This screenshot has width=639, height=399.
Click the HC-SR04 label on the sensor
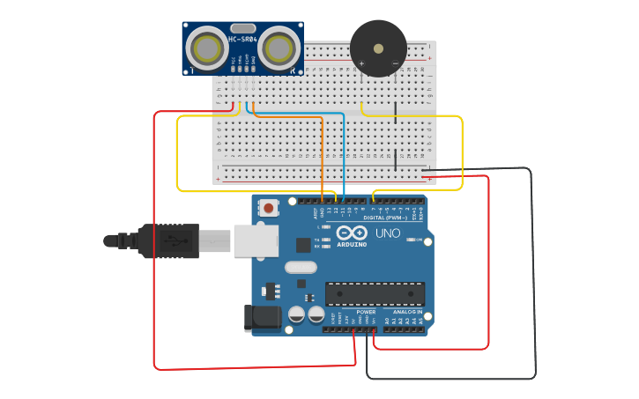(x=242, y=39)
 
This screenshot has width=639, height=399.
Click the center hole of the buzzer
(x=378, y=48)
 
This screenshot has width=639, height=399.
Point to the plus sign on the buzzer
(x=361, y=64)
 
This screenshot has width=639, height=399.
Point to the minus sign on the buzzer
(x=394, y=64)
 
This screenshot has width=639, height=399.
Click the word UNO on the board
(x=388, y=233)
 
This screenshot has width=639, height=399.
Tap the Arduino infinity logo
(x=351, y=233)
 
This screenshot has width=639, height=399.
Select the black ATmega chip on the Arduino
(x=375, y=293)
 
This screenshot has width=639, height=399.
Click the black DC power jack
(x=262, y=318)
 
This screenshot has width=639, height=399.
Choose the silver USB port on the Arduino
(x=256, y=240)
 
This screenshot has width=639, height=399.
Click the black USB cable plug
(x=167, y=240)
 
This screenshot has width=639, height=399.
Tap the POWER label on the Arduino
(x=366, y=312)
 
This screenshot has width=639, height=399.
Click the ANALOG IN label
(x=407, y=312)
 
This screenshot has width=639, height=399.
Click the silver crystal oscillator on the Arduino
(x=301, y=267)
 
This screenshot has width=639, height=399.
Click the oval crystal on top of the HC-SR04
(x=244, y=28)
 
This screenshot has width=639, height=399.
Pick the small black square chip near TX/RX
(x=303, y=245)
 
